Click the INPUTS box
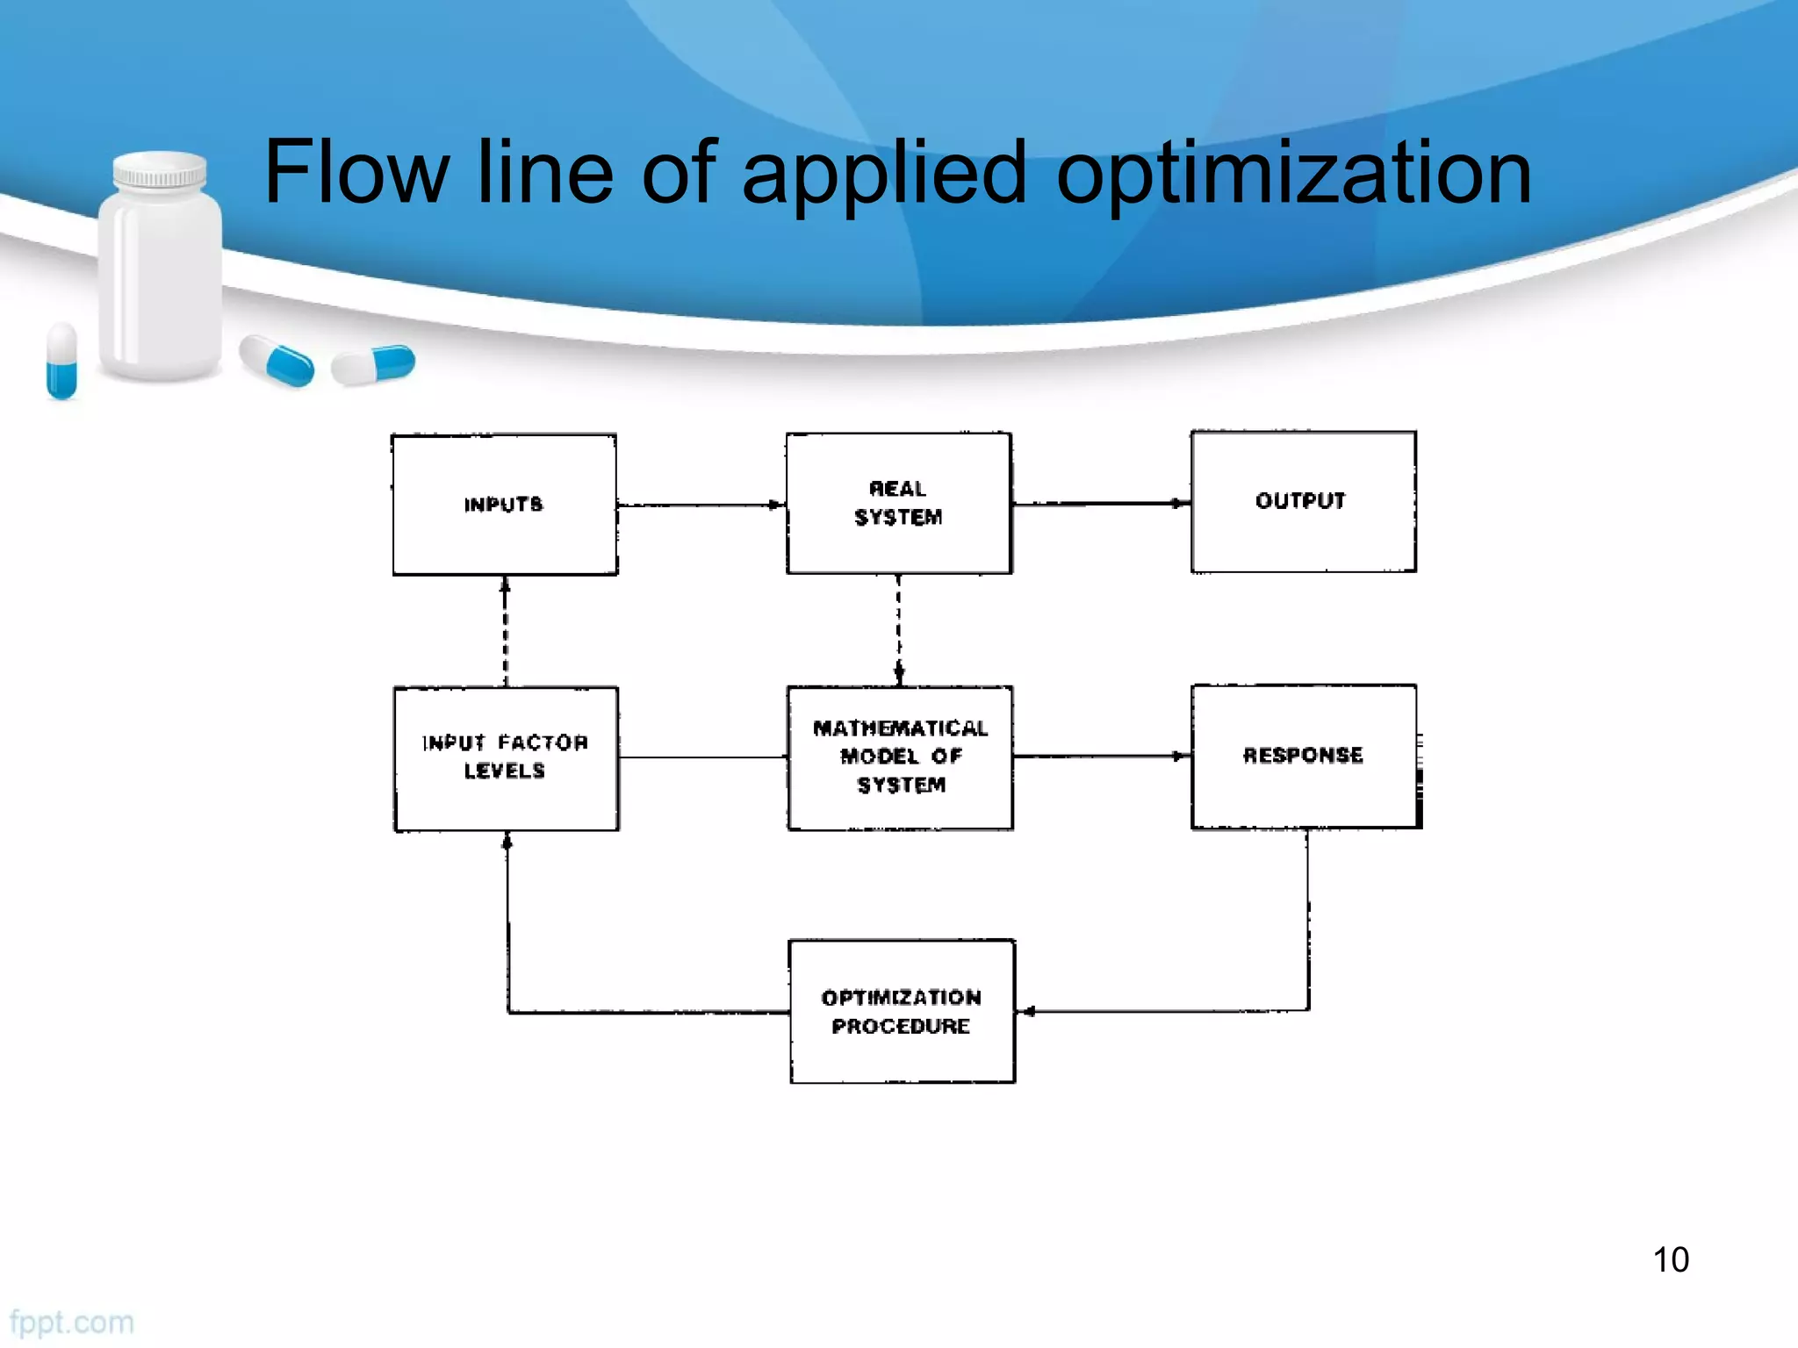coord(505,505)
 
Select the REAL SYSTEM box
coord(899,503)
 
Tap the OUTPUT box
coord(1303,501)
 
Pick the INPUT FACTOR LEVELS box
coord(506,758)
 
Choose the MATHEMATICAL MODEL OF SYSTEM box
coord(900,757)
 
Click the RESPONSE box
coord(1304,756)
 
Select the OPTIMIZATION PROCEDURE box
coord(902,1011)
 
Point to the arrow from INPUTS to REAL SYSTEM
coord(701,505)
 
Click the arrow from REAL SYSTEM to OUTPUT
coord(1101,503)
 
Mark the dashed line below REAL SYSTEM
coord(898,628)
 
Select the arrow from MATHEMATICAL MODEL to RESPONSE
coord(1101,756)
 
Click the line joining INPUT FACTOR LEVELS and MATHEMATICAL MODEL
coord(702,756)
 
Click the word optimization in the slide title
coord(1293,174)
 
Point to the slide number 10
coord(1671,1259)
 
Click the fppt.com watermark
coord(72,1322)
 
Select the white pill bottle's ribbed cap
coord(160,169)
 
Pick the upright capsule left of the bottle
coord(61,360)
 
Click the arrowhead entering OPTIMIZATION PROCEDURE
coord(1028,1011)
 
